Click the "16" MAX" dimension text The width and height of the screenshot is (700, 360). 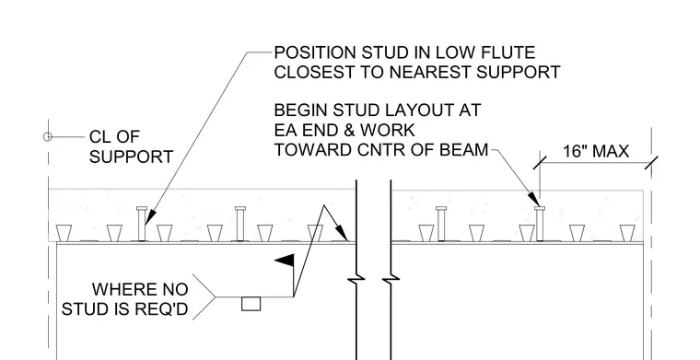596,152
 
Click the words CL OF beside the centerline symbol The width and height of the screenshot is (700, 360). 115,136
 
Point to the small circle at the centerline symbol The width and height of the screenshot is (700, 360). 48,137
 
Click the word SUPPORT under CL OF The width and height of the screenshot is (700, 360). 131,157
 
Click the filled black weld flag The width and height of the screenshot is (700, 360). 286,260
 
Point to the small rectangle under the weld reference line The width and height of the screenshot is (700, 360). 251,304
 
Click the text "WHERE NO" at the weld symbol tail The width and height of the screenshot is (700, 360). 140,289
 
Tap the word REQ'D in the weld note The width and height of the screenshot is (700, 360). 163,308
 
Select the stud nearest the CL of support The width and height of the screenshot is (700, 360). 142,224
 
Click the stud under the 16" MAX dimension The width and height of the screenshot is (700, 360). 540,224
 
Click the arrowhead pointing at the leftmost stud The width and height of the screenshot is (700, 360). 150,216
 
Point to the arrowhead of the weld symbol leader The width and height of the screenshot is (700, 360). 341,232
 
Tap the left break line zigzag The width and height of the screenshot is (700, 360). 356,279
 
